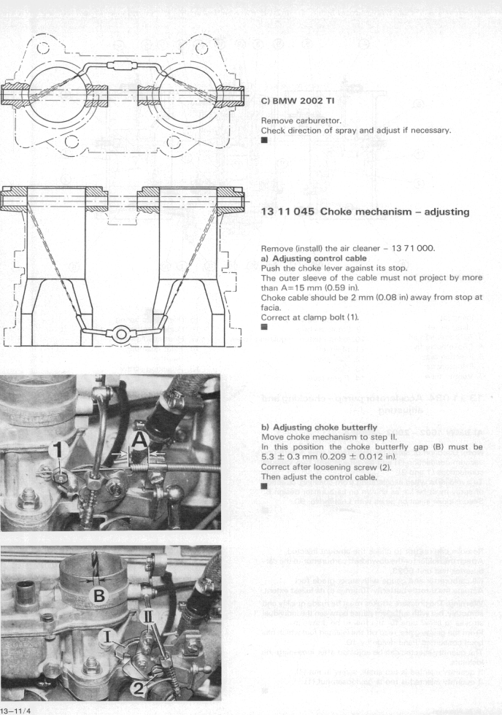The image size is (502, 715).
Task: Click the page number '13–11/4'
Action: click(x=20, y=708)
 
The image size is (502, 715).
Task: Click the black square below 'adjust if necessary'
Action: click(x=265, y=142)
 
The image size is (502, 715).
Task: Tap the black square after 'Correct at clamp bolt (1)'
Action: click(x=265, y=327)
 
